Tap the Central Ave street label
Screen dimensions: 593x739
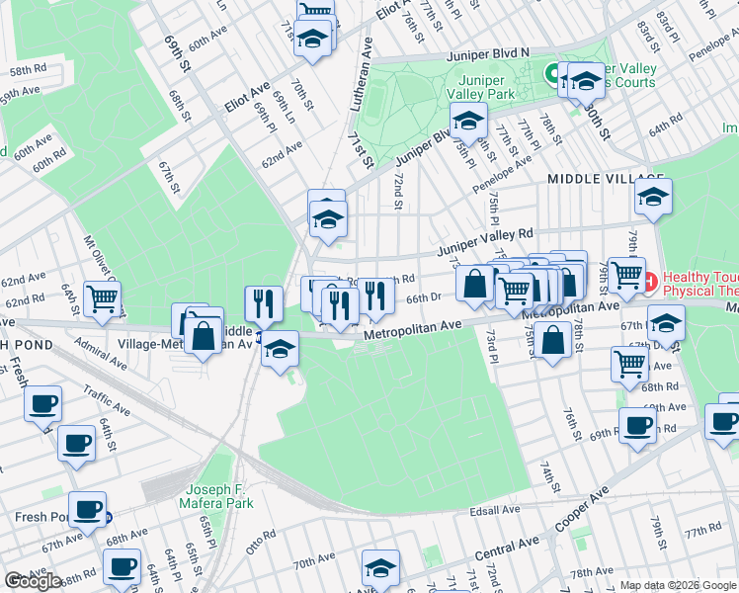(x=508, y=549)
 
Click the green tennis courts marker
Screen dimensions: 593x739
(x=552, y=72)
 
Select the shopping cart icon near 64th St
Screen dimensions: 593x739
(x=102, y=297)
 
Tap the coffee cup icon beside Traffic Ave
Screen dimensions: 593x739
(x=42, y=403)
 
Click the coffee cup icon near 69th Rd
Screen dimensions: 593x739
(x=637, y=425)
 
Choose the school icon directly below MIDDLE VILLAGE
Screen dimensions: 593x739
(x=653, y=197)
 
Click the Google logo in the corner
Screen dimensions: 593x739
(x=33, y=581)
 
